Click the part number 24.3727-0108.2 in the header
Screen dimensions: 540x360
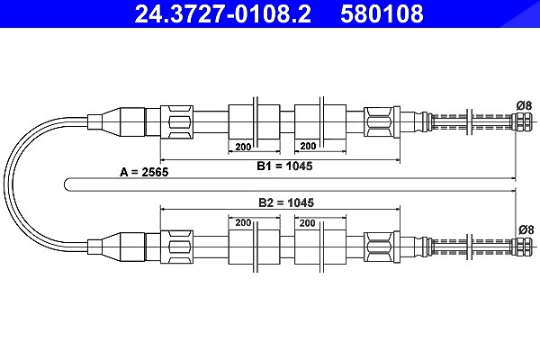223,13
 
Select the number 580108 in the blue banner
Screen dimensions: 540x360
382,13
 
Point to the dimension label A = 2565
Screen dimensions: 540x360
144,172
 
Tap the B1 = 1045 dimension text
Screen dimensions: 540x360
284,166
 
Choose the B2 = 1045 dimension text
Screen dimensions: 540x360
286,202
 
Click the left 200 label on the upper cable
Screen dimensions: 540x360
243,147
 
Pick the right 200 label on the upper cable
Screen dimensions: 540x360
308,147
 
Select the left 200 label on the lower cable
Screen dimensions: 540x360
243,222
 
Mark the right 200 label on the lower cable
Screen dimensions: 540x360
307,223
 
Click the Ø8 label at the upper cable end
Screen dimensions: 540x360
524,105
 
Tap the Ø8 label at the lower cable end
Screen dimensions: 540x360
526,229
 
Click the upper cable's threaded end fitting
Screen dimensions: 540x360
521,121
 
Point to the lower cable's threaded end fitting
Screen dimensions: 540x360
521,247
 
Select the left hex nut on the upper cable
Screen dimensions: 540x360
176,122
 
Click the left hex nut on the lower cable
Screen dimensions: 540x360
176,247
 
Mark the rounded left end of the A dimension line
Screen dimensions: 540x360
65,184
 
